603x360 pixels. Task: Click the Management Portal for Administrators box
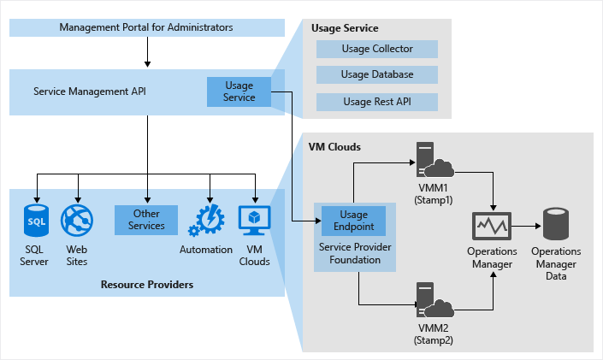click(146, 27)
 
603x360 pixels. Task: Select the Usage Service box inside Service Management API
click(239, 91)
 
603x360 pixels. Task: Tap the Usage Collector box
click(376, 49)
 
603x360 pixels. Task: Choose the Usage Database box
click(376, 75)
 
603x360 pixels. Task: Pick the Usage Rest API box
click(376, 103)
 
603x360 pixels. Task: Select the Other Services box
click(146, 220)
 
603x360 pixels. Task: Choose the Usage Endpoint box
click(353, 221)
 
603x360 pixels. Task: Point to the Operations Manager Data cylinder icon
click(556, 224)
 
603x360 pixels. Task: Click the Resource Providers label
click(146, 284)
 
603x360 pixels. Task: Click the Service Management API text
click(90, 91)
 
